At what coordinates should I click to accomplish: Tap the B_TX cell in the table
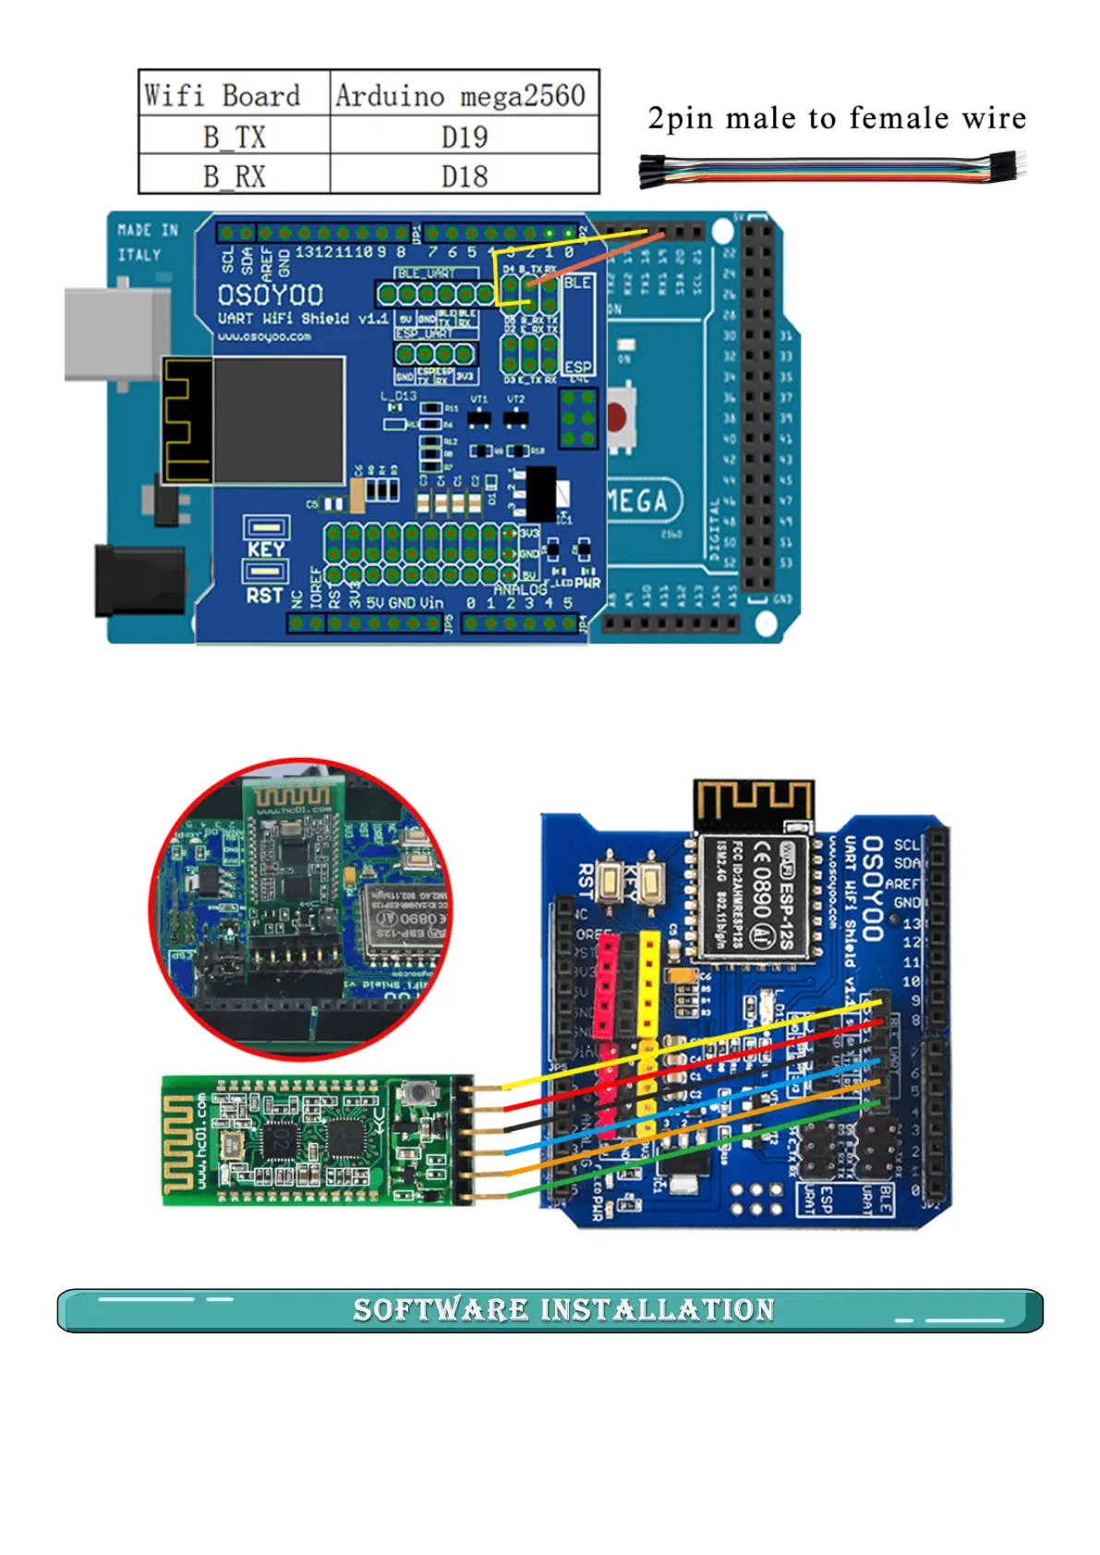point(234,136)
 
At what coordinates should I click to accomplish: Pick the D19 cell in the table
point(464,136)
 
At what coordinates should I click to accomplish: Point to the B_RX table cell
point(234,175)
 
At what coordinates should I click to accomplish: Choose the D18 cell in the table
point(464,175)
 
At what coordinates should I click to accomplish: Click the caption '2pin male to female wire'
point(836,118)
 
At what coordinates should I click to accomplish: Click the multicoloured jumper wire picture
point(831,171)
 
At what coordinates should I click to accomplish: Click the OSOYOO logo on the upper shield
point(270,295)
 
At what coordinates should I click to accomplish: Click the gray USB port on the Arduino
point(116,334)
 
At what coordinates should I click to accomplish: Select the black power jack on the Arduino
point(139,581)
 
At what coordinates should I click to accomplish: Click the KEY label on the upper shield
point(266,548)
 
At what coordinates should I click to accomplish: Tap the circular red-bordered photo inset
point(301,910)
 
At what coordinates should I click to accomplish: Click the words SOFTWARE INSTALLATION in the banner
point(563,1309)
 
